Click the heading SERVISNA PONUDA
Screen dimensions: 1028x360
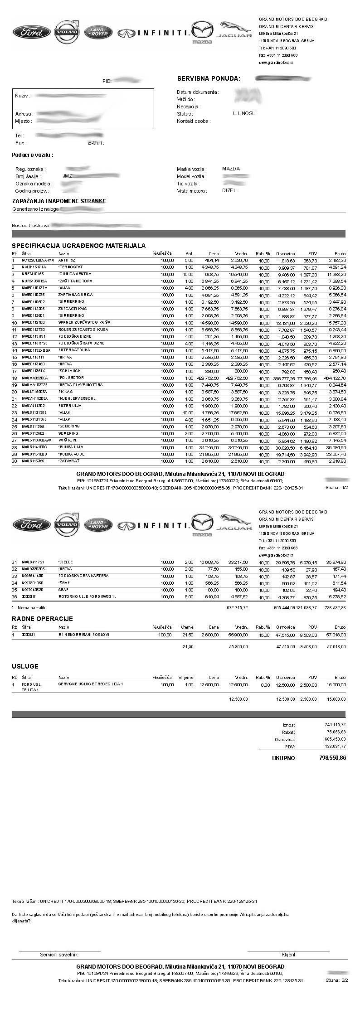tap(208, 78)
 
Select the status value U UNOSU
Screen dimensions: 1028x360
tap(244, 114)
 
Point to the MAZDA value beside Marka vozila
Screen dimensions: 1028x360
tap(231, 169)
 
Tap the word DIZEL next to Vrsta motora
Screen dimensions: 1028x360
tap(229, 190)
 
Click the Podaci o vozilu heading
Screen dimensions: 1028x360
tap(32, 155)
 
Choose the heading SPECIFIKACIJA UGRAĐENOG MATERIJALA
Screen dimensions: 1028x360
tap(78, 246)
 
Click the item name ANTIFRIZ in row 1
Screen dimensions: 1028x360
tap(68, 260)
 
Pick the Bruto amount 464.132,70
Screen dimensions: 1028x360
tap(335, 378)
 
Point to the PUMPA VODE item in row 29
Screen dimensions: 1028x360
tap(71, 454)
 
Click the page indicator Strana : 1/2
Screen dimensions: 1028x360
tap(336, 488)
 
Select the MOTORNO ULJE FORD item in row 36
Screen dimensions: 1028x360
tap(87, 596)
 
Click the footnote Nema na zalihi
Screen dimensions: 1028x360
tap(29, 607)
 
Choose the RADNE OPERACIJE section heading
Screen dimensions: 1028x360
tap(42, 619)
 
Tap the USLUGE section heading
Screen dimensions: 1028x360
tap(25, 666)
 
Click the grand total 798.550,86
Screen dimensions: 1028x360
tap(332, 758)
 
